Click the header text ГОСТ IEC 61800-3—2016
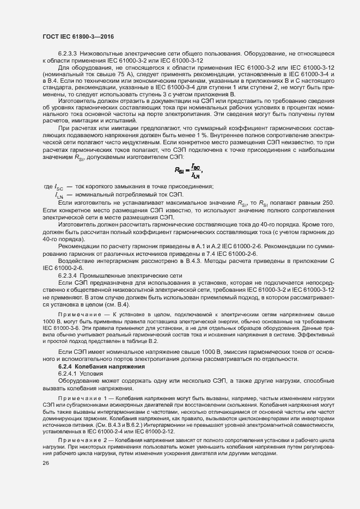point(74,36)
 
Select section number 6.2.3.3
point(68,53)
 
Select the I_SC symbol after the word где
point(59,187)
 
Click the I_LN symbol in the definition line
point(60,195)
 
